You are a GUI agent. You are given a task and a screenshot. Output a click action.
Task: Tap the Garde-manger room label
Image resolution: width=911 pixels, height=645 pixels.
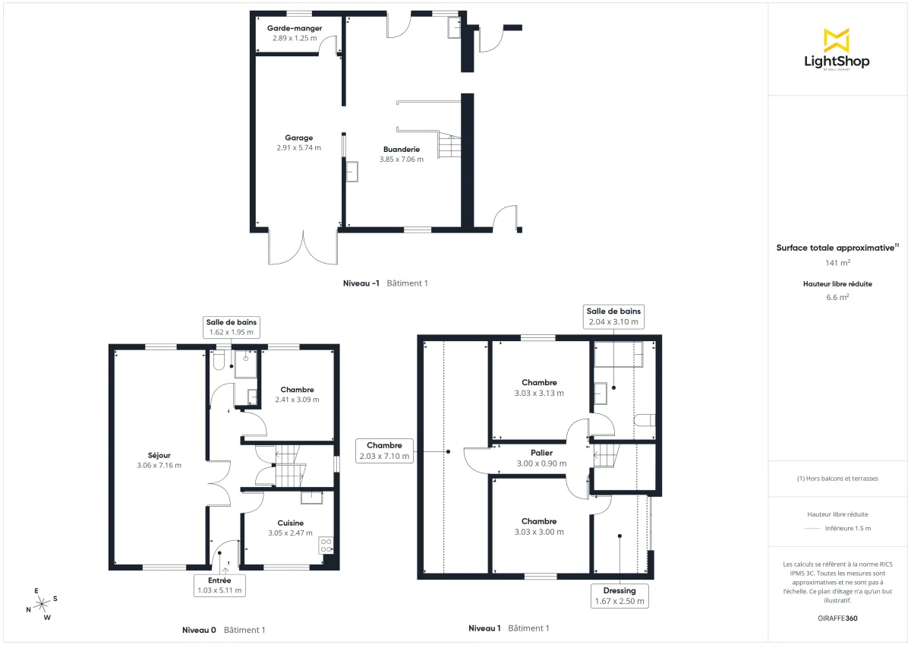point(295,28)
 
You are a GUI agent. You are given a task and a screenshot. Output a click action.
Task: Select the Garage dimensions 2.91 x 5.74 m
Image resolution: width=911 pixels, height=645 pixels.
point(299,148)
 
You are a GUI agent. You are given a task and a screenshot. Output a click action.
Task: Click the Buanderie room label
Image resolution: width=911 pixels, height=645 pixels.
point(402,150)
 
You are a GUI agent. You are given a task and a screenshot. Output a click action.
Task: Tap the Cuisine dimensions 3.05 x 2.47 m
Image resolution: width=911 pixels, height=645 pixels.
point(290,533)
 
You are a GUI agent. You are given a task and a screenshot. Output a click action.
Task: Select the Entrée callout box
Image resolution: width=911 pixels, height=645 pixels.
point(219,585)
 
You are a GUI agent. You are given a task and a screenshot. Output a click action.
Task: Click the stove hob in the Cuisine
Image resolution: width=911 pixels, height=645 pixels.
point(327,545)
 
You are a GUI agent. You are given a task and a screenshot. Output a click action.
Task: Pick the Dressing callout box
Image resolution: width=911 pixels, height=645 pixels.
point(620,596)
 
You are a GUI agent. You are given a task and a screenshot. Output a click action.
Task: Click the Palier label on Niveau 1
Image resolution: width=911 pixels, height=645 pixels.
point(541,453)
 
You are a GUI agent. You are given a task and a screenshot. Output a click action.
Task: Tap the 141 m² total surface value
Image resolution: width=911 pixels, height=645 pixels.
point(837,263)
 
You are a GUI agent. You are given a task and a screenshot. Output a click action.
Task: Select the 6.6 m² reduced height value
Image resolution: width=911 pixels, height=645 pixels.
point(837,297)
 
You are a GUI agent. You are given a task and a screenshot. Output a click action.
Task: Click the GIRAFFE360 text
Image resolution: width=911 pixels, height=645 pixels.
point(837,618)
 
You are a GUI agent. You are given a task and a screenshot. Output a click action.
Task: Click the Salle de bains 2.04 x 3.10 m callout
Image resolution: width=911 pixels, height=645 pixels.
point(613,316)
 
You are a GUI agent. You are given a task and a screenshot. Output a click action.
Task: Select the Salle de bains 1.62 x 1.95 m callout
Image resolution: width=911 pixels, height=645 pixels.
point(231,327)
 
